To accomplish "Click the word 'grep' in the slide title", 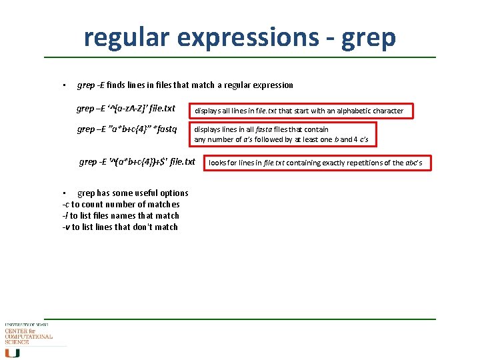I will point(369,37).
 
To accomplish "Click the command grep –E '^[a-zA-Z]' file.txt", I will point(125,108).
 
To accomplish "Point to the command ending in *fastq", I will point(127,129).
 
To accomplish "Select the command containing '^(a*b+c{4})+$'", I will point(137,161).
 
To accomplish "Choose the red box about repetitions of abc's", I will point(317,163).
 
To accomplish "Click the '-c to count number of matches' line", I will point(121,204).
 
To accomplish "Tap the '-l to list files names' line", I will point(120,215).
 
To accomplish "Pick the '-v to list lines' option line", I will point(119,227).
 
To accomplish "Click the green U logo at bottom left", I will point(12,352).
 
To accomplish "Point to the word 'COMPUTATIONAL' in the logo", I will point(29,337).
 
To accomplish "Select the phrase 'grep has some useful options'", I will point(133,193).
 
